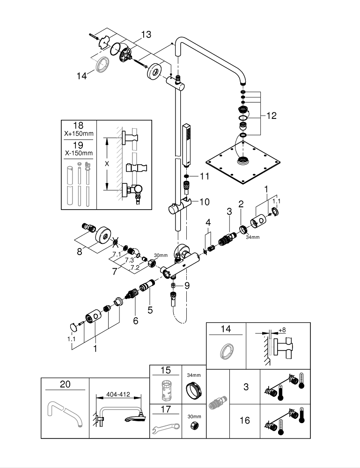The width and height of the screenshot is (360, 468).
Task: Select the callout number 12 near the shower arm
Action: click(x=271, y=115)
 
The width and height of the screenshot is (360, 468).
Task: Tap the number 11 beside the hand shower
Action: click(x=205, y=176)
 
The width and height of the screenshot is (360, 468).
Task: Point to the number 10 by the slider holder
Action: click(x=205, y=202)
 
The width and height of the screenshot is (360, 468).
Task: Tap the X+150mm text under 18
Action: click(x=79, y=134)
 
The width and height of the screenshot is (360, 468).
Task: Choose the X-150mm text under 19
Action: click(x=79, y=153)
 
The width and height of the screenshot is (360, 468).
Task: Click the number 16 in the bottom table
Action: click(x=244, y=420)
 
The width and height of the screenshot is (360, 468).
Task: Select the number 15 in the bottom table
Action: click(x=165, y=370)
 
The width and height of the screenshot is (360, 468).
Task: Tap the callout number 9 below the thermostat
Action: click(x=187, y=285)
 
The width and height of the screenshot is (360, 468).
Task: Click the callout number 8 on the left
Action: click(x=79, y=252)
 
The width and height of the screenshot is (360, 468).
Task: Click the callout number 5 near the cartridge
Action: click(x=150, y=309)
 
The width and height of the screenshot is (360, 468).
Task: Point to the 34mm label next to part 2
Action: click(x=252, y=237)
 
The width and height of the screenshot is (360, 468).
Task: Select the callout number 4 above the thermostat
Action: click(x=208, y=221)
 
